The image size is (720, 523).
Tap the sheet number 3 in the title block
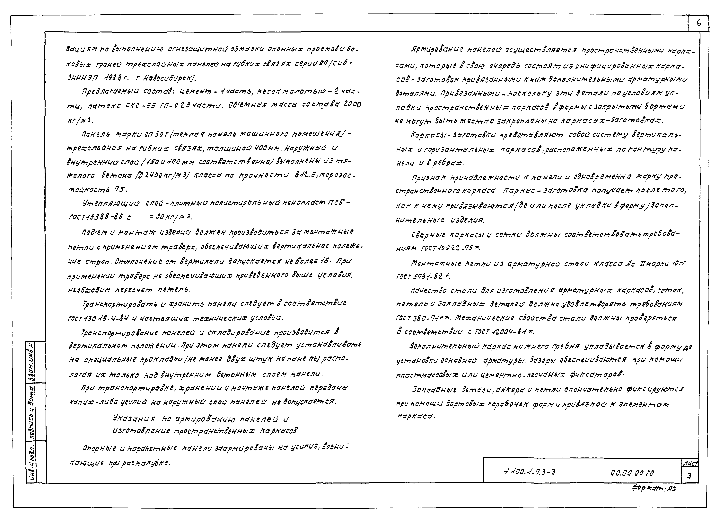tap(689, 476)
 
